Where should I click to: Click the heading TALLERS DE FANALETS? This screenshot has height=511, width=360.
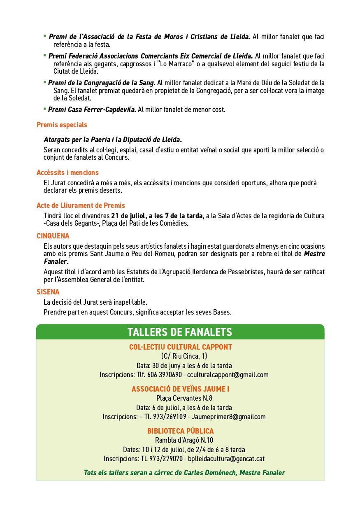[180, 332]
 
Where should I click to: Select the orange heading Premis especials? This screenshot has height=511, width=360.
[62, 125]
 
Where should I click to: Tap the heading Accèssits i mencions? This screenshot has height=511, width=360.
[67, 173]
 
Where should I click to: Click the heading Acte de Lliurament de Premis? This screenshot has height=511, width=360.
[81, 205]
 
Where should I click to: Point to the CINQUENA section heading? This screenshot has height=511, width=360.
[53, 236]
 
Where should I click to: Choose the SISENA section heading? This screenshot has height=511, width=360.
[48, 292]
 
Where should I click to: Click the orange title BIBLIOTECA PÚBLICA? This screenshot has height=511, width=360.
[180, 431]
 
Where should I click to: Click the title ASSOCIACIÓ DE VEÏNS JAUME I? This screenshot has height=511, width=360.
[180, 389]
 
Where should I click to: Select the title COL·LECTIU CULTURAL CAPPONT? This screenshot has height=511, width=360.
[180, 347]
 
